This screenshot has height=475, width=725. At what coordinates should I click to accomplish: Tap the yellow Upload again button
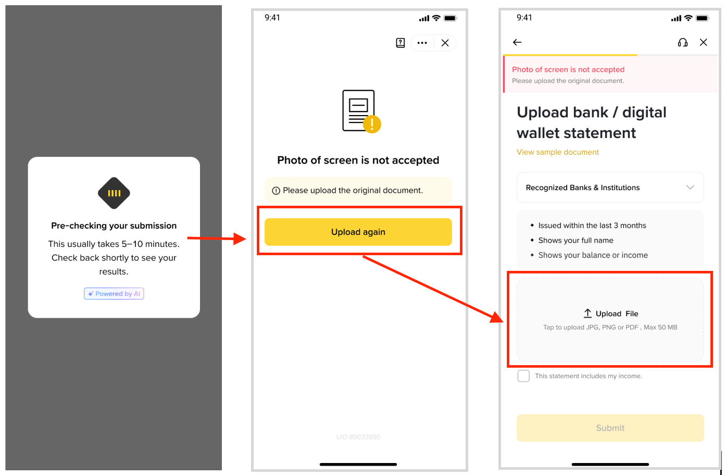(x=358, y=232)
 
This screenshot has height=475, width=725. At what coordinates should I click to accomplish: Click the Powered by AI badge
(x=114, y=293)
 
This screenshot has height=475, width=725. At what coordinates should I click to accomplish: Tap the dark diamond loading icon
(x=114, y=193)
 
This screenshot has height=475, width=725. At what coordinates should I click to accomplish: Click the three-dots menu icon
(x=422, y=43)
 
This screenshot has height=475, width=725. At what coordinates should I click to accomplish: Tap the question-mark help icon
(x=401, y=43)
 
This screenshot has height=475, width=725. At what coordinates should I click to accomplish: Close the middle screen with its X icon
(x=445, y=43)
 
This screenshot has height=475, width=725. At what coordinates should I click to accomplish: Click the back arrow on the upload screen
(x=517, y=42)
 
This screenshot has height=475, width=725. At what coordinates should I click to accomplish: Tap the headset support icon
(x=683, y=42)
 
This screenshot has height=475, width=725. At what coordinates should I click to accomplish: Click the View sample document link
(x=558, y=152)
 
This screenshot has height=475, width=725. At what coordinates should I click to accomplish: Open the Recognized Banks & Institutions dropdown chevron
(x=690, y=187)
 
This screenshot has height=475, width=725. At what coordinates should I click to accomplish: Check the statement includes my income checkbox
(x=523, y=376)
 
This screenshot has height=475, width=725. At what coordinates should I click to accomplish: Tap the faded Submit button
(x=610, y=428)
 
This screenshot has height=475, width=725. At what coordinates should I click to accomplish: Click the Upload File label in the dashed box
(x=617, y=314)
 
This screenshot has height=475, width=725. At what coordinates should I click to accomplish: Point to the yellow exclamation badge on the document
(x=372, y=124)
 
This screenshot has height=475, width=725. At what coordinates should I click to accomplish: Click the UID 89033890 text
(x=358, y=437)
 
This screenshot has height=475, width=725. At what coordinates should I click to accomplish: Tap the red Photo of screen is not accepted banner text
(x=568, y=70)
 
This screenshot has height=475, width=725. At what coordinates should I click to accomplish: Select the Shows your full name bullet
(x=576, y=240)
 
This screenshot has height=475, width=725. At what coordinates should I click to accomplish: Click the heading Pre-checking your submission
(x=114, y=226)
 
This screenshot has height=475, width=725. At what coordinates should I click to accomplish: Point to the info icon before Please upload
(x=276, y=191)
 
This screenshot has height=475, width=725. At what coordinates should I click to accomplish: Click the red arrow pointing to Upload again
(x=216, y=239)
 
